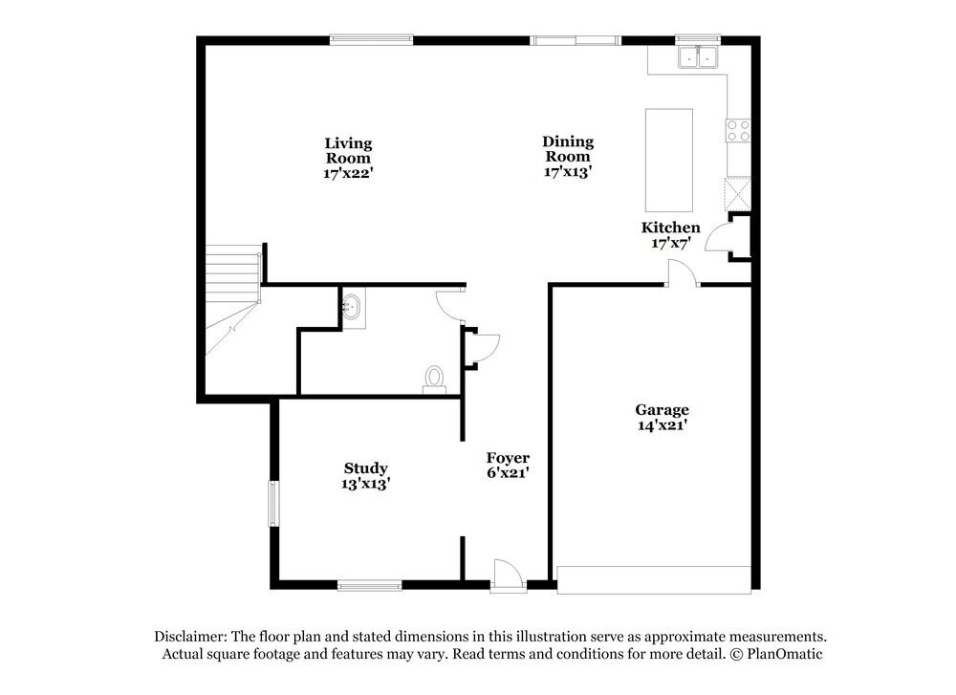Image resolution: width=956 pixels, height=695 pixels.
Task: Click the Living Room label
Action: [x=347, y=158]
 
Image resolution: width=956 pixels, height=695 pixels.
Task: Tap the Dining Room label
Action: [x=568, y=157]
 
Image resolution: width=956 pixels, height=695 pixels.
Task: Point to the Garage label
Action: [x=662, y=417]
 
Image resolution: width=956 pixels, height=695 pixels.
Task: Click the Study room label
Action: [x=366, y=475]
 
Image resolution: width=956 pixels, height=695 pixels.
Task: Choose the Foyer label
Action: [x=508, y=465]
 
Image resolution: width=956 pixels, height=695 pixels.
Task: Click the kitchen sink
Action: [x=698, y=58]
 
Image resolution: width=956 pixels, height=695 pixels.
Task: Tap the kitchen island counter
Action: [x=669, y=160]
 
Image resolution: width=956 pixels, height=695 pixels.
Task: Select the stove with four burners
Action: [x=738, y=130]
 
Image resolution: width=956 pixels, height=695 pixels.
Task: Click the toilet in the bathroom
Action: [x=435, y=380]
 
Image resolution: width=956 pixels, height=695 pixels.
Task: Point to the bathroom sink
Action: [x=353, y=308]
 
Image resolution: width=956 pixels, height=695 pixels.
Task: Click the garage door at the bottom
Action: [x=654, y=579]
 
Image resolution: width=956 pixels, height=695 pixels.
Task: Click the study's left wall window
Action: [x=272, y=503]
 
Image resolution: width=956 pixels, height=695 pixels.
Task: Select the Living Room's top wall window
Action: [x=371, y=39]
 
